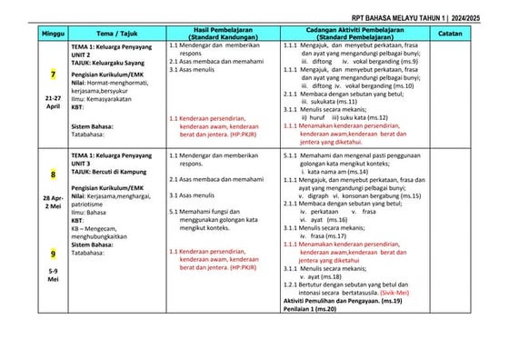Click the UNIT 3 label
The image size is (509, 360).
pos(83,164)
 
